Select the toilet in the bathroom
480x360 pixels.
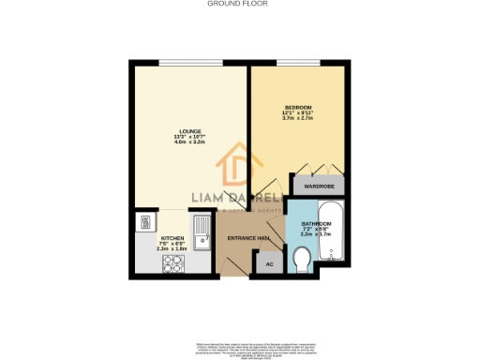302,258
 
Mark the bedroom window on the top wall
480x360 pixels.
297,63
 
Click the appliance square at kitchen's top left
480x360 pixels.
146,223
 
